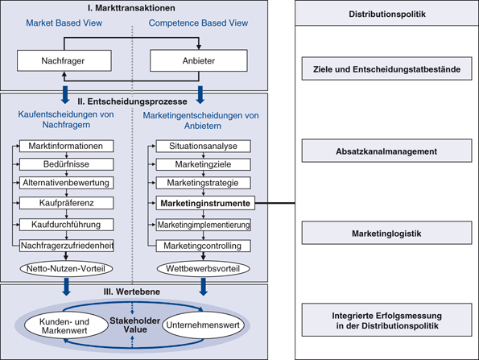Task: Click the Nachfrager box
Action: (x=64, y=61)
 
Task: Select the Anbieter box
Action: (x=199, y=61)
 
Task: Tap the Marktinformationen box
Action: (x=66, y=146)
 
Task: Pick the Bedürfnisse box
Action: (x=66, y=164)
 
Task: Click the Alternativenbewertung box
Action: (x=66, y=183)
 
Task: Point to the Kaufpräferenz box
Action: (x=66, y=203)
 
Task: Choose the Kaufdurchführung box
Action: (x=66, y=225)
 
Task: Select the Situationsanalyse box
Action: (x=204, y=146)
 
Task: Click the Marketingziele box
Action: (x=204, y=164)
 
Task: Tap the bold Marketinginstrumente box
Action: (x=205, y=203)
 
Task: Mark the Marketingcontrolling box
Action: (x=204, y=246)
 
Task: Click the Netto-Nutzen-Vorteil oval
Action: (x=66, y=269)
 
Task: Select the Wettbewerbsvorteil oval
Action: (x=204, y=269)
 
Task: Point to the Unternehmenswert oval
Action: (x=204, y=325)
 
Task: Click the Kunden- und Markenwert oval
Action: (x=66, y=326)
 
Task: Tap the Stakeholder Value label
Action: (x=135, y=325)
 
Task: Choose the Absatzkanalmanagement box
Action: (x=386, y=151)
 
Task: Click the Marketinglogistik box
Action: (x=386, y=234)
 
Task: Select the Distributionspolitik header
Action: (x=387, y=14)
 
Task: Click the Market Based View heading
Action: (x=64, y=23)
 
